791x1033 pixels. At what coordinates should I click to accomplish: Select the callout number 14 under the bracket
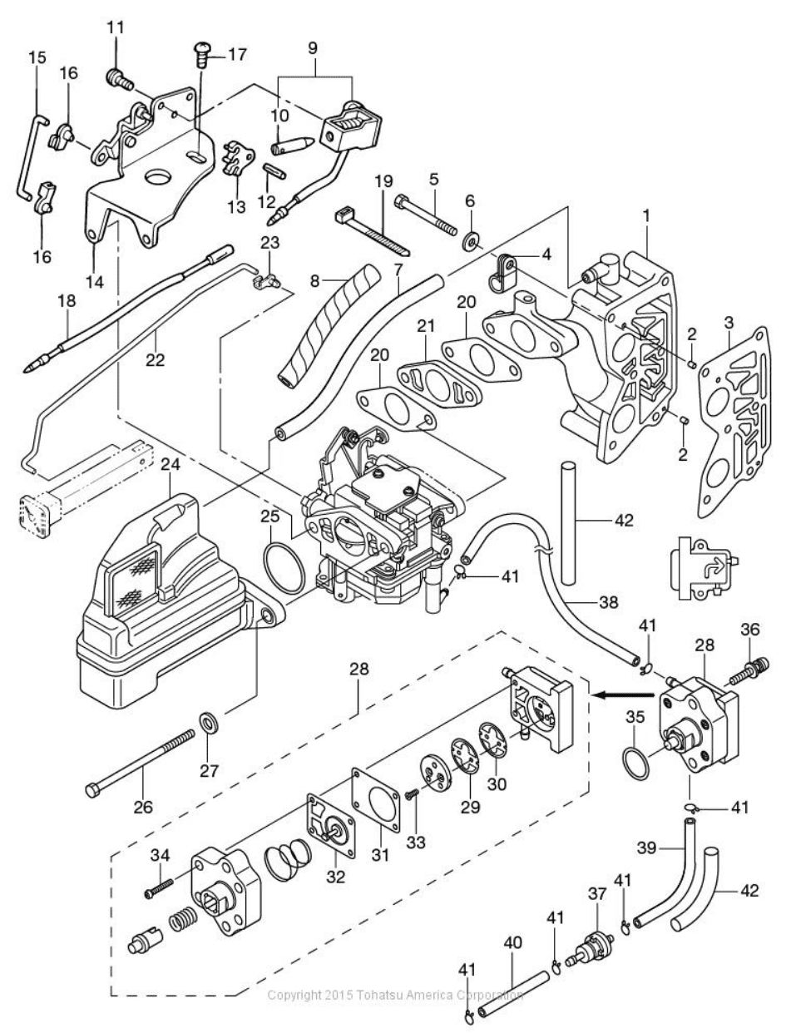point(95,281)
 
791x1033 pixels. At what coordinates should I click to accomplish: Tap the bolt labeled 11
point(117,80)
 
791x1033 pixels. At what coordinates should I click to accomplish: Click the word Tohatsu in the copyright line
point(380,995)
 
